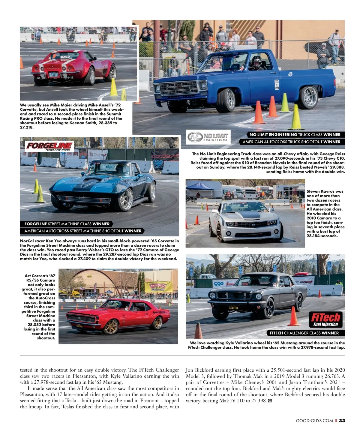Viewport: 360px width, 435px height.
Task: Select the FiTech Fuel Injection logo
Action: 325,319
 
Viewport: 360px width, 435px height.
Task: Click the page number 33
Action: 342,421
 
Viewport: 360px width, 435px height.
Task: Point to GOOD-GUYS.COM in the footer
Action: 314,421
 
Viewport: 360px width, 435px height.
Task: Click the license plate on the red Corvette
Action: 54,75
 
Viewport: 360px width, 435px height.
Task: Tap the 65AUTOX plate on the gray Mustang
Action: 234,308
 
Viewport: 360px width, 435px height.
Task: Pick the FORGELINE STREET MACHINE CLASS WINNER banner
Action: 67,224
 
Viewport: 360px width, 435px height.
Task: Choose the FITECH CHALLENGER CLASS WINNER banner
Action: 304,333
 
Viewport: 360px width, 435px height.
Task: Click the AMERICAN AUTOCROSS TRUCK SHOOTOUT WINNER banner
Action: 291,142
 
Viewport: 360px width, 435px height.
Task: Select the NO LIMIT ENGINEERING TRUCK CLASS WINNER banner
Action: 295,135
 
